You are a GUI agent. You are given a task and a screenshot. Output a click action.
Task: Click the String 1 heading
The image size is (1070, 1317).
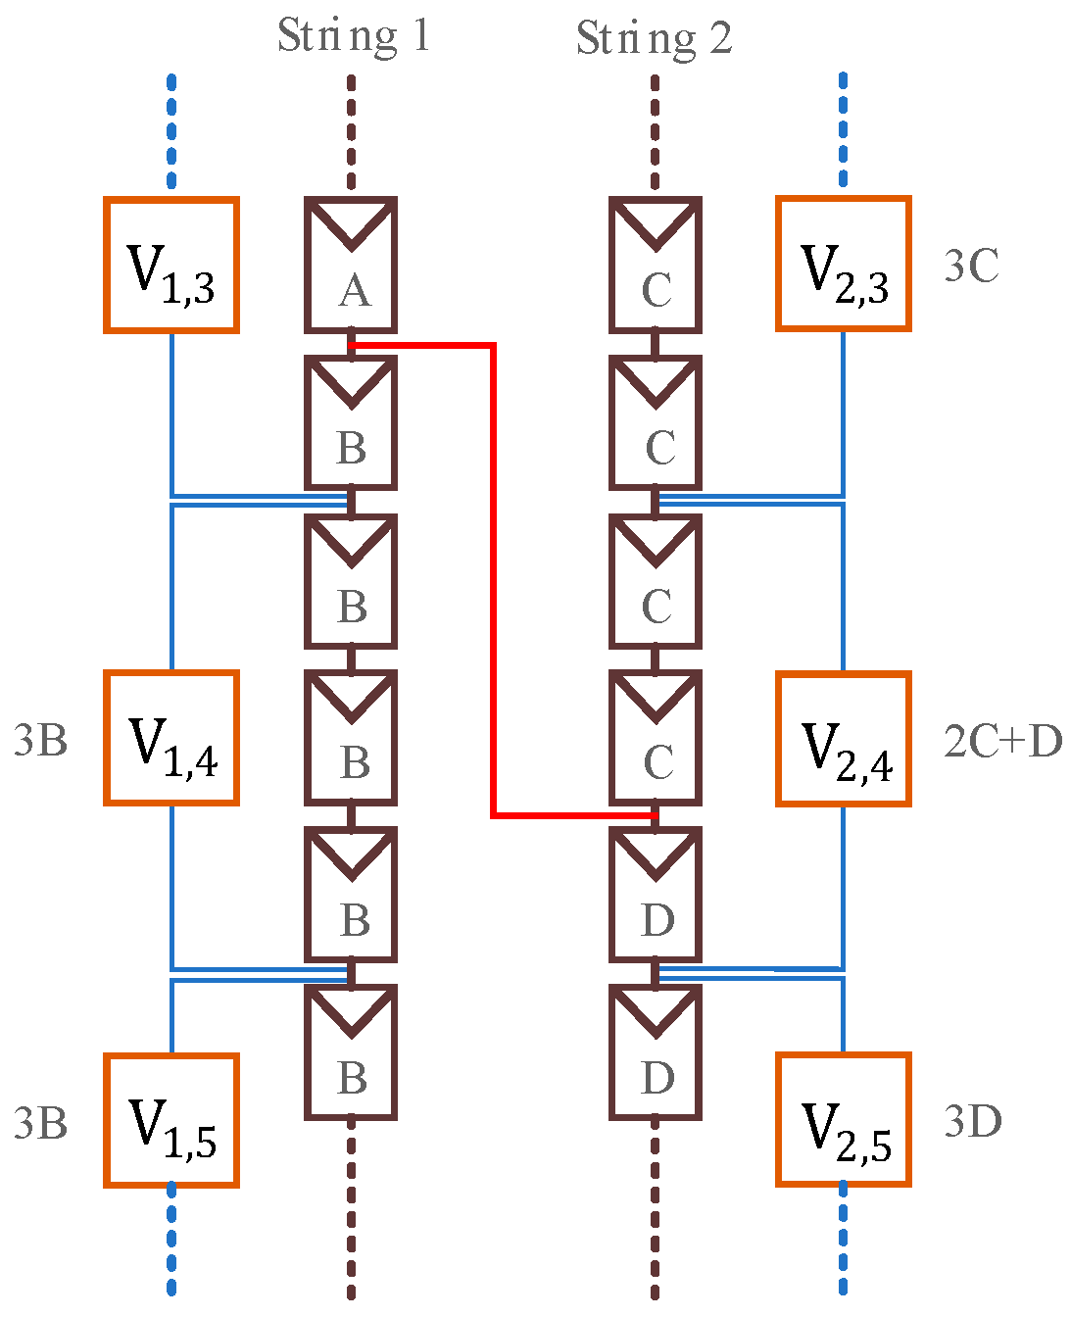pos(353,36)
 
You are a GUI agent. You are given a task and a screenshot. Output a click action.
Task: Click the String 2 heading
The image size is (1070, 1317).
pos(654,39)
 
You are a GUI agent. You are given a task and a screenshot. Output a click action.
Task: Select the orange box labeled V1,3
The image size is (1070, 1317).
pos(171,266)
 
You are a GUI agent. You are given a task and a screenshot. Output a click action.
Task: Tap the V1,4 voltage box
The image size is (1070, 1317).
pos(171,739)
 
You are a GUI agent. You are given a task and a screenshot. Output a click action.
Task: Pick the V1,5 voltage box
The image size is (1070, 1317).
pos(171,1120)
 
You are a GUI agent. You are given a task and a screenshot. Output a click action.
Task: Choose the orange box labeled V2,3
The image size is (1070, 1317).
pos(844,265)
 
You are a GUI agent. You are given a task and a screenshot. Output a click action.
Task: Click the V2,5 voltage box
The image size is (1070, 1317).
pos(844,1120)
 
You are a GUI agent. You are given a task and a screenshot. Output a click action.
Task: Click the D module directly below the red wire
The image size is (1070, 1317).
pos(655,895)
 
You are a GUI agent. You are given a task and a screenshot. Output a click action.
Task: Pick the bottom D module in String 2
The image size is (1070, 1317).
pos(655,1052)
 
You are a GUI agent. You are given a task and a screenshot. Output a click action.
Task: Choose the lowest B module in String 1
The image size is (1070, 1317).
pos(351,1052)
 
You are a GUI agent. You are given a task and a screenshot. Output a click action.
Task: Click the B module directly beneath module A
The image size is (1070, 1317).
pos(351,423)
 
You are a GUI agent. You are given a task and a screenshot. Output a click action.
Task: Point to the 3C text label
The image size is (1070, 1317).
pos(971,267)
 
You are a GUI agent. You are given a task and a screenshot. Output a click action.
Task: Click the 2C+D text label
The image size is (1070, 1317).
pos(1002,742)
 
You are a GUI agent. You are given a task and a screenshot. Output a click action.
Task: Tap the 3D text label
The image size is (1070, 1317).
pos(972,1121)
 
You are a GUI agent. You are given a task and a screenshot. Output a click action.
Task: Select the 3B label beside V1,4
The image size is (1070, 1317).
pos(40,742)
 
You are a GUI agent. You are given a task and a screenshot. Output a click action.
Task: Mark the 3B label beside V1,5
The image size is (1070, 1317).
pos(40,1123)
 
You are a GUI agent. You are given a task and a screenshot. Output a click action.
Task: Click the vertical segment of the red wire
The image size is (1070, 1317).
pos(493,578)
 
